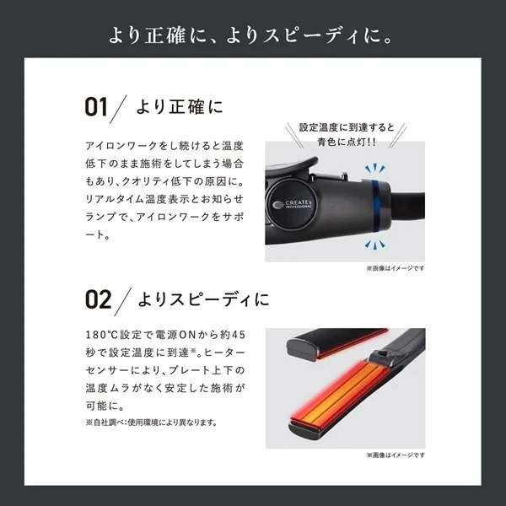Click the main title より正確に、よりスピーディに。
(250, 35)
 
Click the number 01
(96, 107)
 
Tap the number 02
(99, 299)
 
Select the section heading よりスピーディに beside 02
(203, 299)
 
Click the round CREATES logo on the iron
(292, 204)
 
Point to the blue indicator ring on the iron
(375, 206)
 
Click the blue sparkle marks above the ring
(374, 169)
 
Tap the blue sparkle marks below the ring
(374, 245)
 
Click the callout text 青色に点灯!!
(347, 142)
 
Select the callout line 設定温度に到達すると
(347, 127)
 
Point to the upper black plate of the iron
(336, 343)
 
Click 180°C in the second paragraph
(102, 335)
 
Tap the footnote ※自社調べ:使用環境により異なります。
(151, 423)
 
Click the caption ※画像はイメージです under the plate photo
(396, 455)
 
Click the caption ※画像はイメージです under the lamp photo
(396, 268)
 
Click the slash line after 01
(118, 109)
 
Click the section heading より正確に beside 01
(180, 107)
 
